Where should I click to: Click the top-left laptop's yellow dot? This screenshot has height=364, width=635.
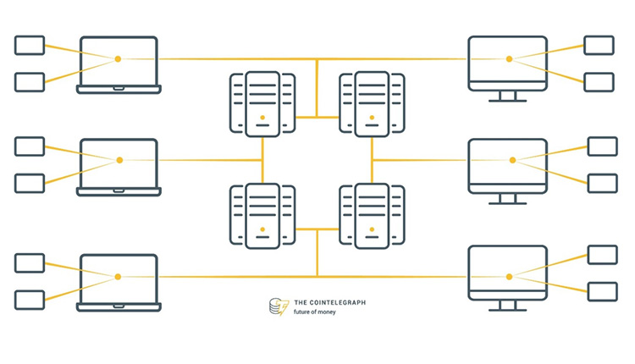point(118,58)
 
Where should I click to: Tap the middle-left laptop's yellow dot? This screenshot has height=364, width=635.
point(119,160)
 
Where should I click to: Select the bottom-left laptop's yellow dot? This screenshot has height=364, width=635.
point(118,277)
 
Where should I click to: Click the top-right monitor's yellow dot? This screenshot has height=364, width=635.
point(509,58)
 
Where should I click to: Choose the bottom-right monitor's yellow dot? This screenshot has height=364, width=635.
point(509,277)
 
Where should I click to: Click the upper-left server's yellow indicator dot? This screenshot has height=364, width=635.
point(262,117)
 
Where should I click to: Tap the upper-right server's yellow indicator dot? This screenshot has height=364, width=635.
point(372,117)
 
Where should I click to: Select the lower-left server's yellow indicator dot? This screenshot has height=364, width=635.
point(262,229)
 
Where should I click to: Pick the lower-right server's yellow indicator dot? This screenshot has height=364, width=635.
point(372,229)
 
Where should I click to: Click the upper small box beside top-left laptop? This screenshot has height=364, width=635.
point(30,45)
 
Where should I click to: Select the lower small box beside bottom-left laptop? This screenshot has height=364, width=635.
point(30,300)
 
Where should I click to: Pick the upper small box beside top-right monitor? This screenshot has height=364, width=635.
point(599,45)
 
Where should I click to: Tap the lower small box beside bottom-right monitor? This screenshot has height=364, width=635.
point(602,292)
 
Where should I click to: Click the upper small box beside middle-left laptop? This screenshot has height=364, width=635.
point(30,146)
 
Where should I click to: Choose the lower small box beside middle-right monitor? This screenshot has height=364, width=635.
point(602,183)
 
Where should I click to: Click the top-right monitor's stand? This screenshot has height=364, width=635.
point(508,96)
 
